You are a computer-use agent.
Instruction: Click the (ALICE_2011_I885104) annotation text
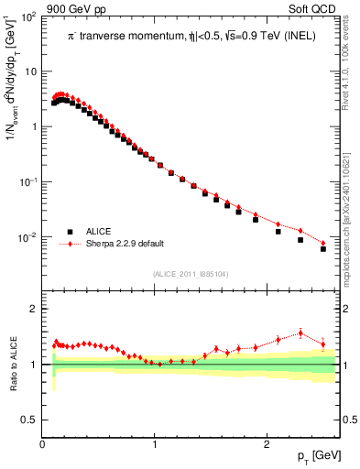pyautogui.click(x=191, y=273)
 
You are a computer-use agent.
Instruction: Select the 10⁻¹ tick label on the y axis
pyautogui.click(x=28, y=182)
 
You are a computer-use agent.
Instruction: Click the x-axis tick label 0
pyautogui.click(x=43, y=444)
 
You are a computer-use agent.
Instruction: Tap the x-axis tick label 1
pyautogui.click(x=155, y=444)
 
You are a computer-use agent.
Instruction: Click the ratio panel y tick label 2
pyautogui.click(x=34, y=310)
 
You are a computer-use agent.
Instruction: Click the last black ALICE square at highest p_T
pyautogui.click(x=323, y=248)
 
